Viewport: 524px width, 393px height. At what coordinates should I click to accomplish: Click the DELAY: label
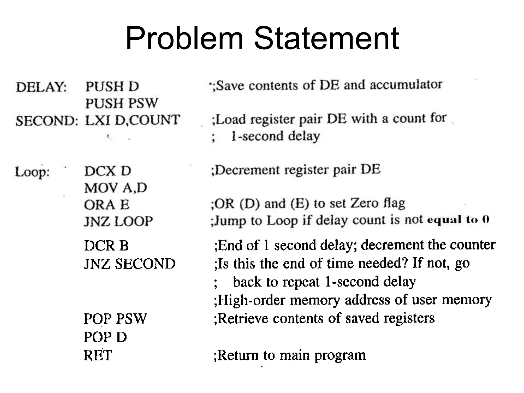pyautogui.click(x=41, y=87)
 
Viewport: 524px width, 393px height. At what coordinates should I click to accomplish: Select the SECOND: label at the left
pyautogui.click(x=47, y=121)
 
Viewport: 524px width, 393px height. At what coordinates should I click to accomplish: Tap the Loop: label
pyautogui.click(x=32, y=172)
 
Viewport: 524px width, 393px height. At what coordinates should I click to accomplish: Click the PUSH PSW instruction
pyautogui.click(x=122, y=103)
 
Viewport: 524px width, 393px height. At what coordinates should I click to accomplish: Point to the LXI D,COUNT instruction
pyautogui.click(x=132, y=120)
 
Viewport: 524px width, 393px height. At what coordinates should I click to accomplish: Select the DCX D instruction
pyautogui.click(x=108, y=171)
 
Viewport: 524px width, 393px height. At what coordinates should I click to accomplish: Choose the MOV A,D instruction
pyautogui.click(x=116, y=188)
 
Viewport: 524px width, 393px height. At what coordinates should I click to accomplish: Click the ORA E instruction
pyautogui.click(x=107, y=205)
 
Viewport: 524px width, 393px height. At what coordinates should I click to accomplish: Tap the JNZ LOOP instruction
pyautogui.click(x=118, y=221)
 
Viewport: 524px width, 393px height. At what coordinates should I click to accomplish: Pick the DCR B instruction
pyautogui.click(x=106, y=246)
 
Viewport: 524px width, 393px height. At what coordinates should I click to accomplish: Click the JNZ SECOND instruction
pyautogui.click(x=130, y=264)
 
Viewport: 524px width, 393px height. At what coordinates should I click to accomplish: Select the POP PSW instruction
pyautogui.click(x=115, y=319)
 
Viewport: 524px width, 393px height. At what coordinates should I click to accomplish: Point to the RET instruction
pyautogui.click(x=98, y=355)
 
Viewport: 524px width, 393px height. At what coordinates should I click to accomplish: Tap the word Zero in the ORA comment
pyautogui.click(x=364, y=203)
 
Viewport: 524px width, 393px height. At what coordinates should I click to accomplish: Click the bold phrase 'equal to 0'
pyautogui.click(x=458, y=220)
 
